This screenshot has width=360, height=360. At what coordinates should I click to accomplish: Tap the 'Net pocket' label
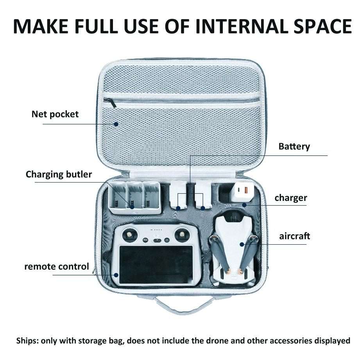click(x=55, y=114)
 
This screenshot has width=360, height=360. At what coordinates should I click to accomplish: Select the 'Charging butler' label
click(x=59, y=174)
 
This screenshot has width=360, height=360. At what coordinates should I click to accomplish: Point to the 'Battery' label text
click(x=294, y=147)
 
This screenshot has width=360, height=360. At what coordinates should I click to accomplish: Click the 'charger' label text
click(x=291, y=198)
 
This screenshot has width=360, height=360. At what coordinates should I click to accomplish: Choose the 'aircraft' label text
click(x=295, y=236)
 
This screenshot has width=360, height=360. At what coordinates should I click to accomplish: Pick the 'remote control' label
click(x=57, y=267)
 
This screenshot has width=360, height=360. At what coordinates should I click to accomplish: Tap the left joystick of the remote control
click(x=130, y=235)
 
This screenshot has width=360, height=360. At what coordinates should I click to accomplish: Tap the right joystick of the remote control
click(x=182, y=235)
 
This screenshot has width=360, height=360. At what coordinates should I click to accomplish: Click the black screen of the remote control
click(x=156, y=265)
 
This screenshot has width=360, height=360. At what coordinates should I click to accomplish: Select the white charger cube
click(x=242, y=193)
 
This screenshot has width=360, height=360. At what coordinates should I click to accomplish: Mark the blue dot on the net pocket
click(x=116, y=124)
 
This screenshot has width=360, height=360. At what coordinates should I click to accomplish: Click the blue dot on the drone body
click(x=242, y=245)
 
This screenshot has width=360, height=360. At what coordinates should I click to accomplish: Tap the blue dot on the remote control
click(x=116, y=275)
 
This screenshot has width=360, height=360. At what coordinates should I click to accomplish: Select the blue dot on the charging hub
click(x=132, y=207)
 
